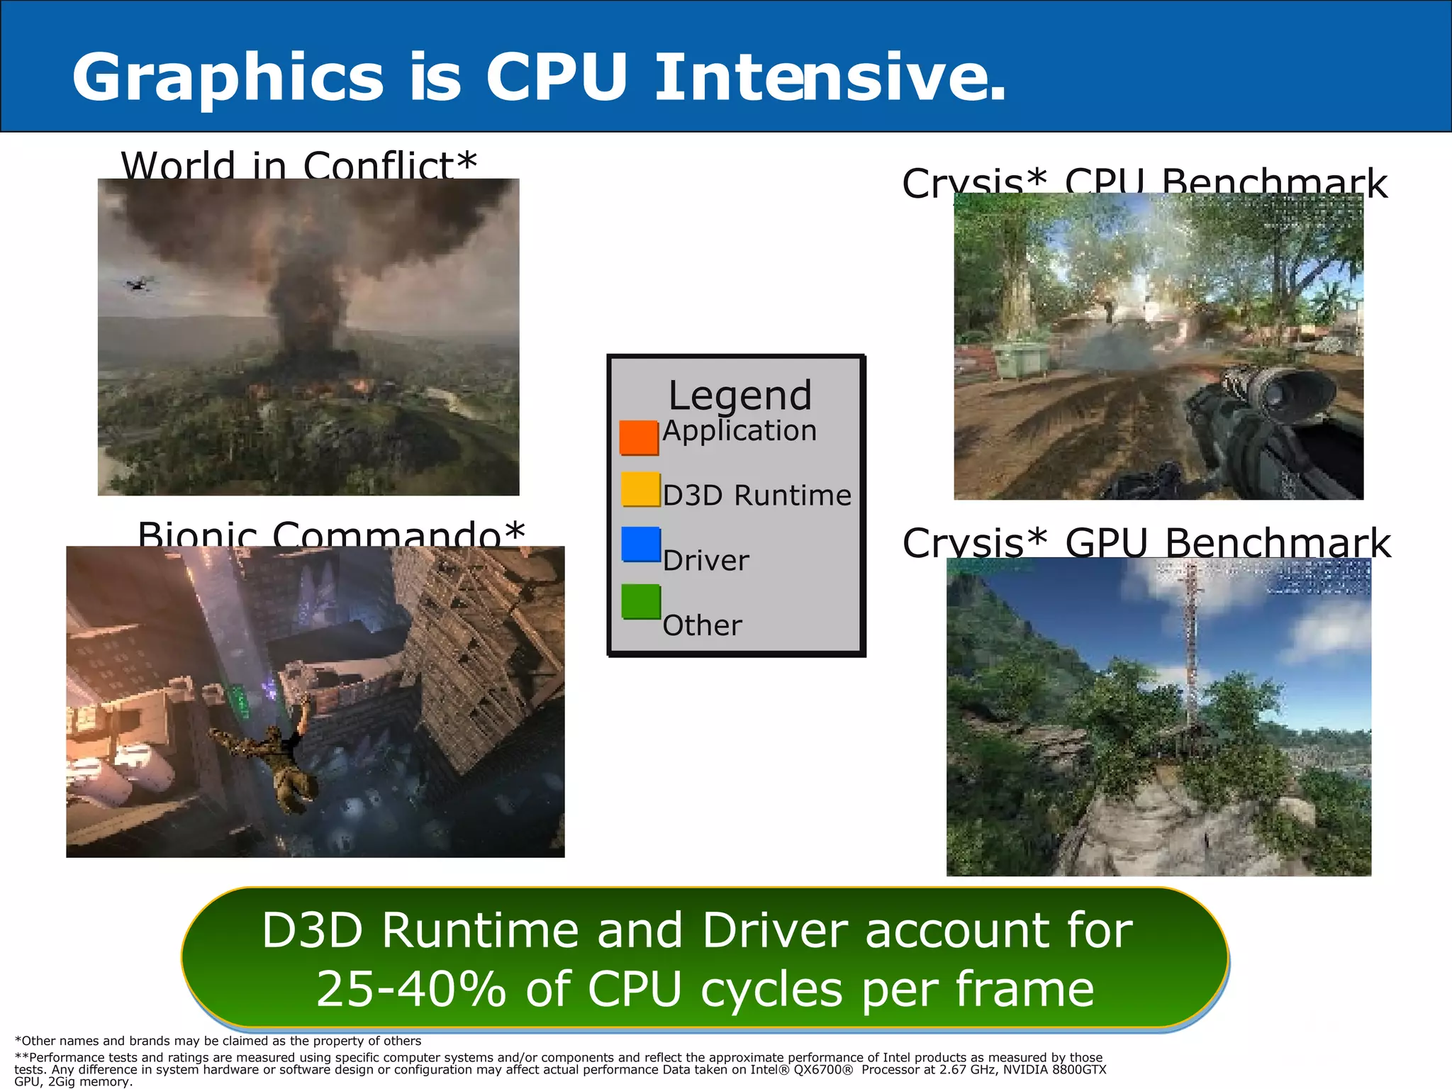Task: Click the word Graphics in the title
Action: (x=227, y=78)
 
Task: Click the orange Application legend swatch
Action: (x=639, y=437)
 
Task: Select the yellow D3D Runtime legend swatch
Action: (x=640, y=489)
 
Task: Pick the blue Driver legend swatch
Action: (x=640, y=544)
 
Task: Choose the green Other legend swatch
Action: (x=640, y=601)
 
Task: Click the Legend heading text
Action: (x=739, y=395)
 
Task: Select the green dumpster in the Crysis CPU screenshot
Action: (x=1021, y=360)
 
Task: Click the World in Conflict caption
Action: (x=298, y=166)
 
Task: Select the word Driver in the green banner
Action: (x=776, y=930)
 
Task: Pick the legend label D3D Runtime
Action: (x=756, y=496)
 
